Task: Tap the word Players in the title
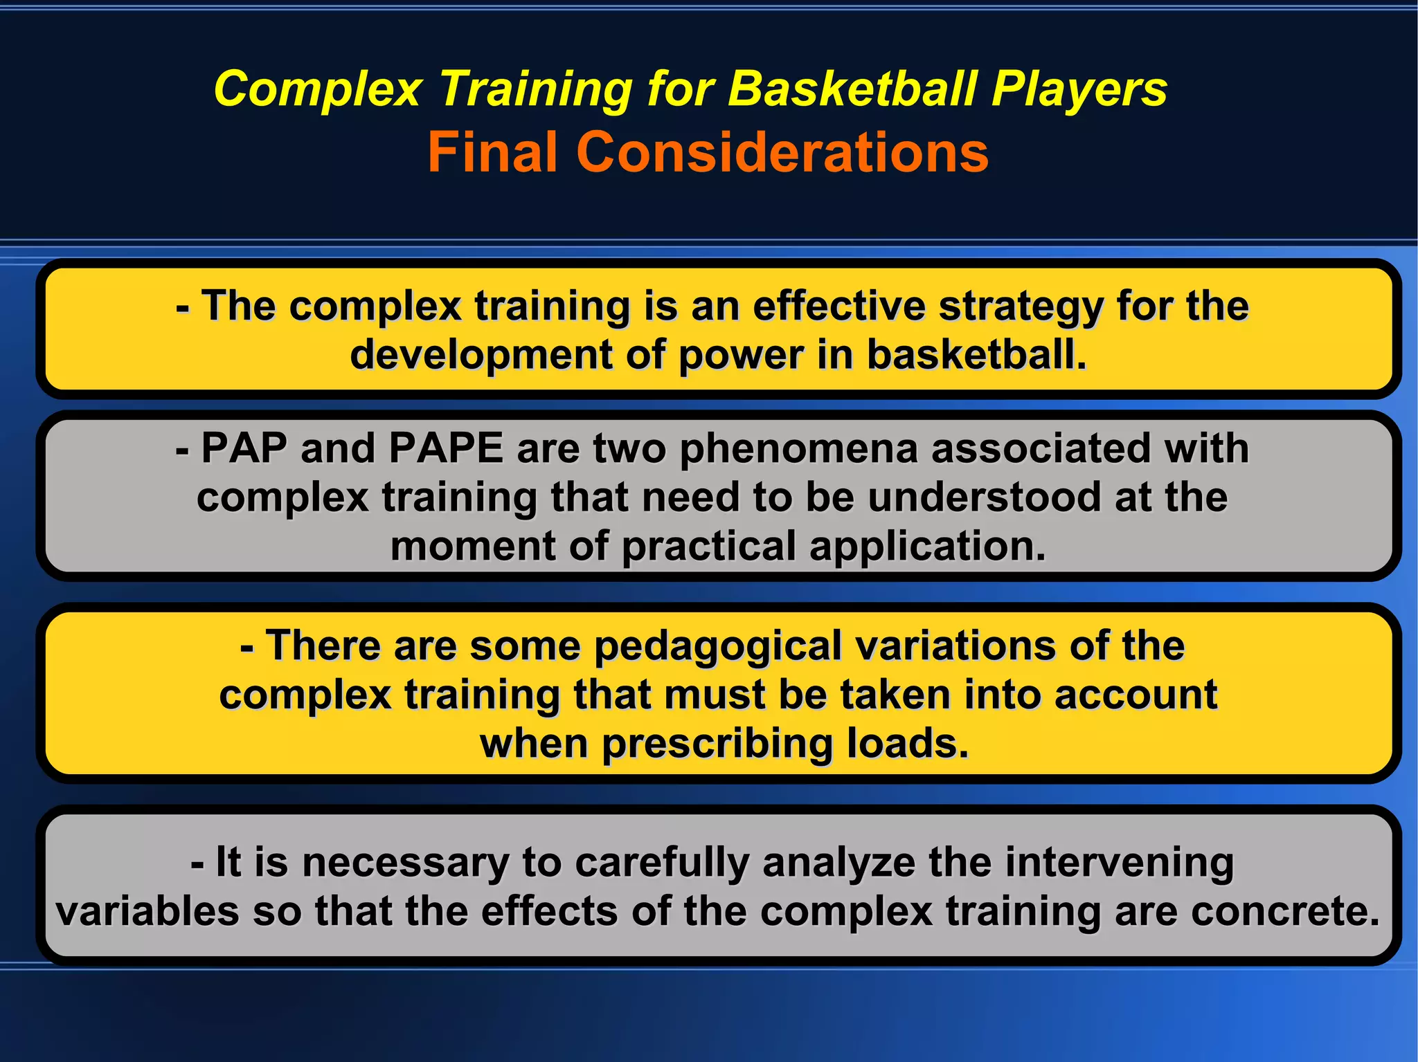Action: point(1079,89)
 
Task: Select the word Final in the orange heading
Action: point(493,152)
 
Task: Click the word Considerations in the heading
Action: point(782,152)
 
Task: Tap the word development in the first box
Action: point(481,356)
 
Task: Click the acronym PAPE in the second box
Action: point(445,448)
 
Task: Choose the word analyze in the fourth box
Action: point(838,863)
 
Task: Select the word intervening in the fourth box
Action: point(1119,863)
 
